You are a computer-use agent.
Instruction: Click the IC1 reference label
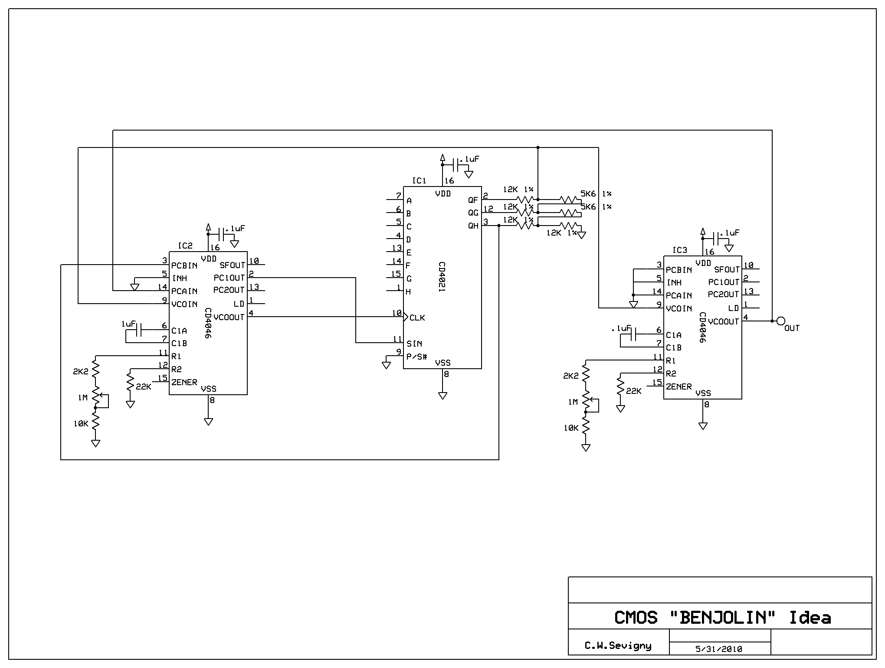[x=419, y=181]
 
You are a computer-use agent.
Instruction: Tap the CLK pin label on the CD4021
[x=417, y=318]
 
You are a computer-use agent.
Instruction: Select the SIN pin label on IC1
[x=414, y=344]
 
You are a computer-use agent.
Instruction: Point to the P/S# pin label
[x=416, y=357]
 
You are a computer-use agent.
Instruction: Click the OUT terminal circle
[x=780, y=321]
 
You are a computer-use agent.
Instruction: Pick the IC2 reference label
[x=185, y=246]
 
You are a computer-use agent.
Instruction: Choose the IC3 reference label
[x=679, y=250]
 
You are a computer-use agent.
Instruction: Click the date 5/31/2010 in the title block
[x=718, y=649]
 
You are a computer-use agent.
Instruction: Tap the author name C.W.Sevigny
[x=618, y=646]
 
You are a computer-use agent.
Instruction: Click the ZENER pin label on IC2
[x=184, y=383]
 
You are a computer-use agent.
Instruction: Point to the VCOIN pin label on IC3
[x=679, y=309]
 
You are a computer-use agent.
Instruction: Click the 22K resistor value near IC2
[x=143, y=386]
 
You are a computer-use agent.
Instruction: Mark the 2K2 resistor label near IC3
[x=571, y=376]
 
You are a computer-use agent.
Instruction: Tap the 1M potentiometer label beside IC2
[x=83, y=397]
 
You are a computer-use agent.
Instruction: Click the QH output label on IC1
[x=473, y=226]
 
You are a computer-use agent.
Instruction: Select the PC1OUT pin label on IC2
[x=229, y=278]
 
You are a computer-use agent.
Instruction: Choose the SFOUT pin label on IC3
[x=727, y=270]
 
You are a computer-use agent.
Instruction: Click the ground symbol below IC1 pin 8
[x=442, y=395]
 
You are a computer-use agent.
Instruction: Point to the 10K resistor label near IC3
[x=571, y=428]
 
